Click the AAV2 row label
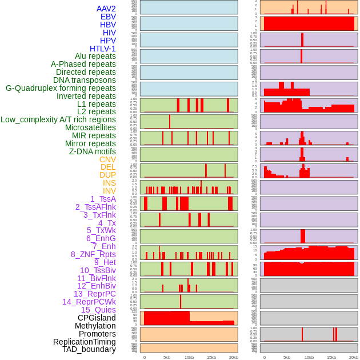106,9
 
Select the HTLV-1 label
103,49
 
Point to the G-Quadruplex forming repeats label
61,88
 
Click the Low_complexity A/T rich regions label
58,119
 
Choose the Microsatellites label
90,127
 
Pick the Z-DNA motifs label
93,151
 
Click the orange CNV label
107,159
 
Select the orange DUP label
107,175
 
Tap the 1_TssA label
103,199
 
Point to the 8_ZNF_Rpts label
93,254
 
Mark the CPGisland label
97,318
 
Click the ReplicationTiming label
85,342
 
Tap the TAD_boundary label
89,349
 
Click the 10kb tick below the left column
189,357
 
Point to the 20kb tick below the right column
354,357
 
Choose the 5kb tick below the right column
287,357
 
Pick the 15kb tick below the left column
211,357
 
